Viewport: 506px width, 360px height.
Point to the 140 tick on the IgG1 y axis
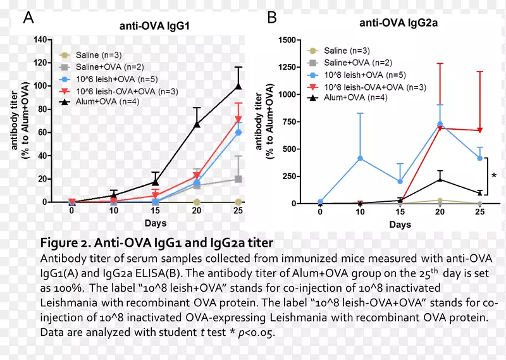pos(40,39)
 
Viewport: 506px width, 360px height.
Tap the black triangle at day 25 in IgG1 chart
pos(238,86)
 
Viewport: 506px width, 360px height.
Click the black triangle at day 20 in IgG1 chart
pos(197,125)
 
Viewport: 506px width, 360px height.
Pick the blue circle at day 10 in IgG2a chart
pos(361,158)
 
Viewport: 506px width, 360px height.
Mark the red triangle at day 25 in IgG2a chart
pos(479,130)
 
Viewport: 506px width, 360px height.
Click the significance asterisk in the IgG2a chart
pos(494,175)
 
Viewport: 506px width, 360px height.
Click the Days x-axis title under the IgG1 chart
pos(154,224)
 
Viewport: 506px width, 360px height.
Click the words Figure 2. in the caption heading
pos(68,243)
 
